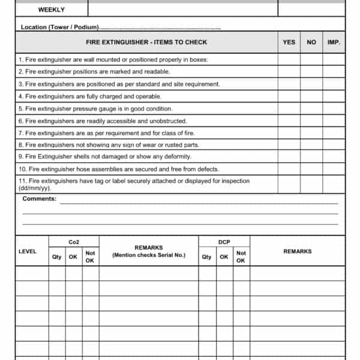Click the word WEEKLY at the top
(52, 10)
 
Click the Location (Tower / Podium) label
(59, 28)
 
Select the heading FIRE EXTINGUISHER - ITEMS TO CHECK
(146, 42)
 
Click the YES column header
(289, 42)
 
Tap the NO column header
(311, 42)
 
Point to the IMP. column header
(334, 42)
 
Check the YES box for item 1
(289, 59)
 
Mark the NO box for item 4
(311, 96)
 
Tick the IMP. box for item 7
(334, 133)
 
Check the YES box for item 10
(289, 169)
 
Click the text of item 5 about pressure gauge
(95, 109)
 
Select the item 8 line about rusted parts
(109, 145)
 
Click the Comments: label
(40, 199)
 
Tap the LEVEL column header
(28, 251)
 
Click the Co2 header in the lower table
(74, 242)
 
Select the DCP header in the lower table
(224, 242)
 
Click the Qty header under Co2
(57, 257)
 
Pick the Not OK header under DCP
(241, 257)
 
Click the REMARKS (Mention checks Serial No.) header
(149, 251)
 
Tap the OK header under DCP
(224, 257)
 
